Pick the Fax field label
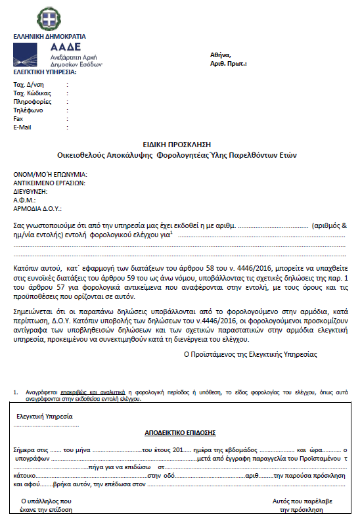[18, 119]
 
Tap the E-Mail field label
[22, 127]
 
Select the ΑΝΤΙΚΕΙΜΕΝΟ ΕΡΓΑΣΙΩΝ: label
[51, 183]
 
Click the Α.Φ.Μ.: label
[24, 199]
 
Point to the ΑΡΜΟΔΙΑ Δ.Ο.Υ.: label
[37, 208]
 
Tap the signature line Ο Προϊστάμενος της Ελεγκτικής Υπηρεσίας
[250, 354]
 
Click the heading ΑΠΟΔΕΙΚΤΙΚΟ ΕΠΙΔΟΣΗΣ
[179, 433]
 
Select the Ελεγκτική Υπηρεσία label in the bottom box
[44, 417]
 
